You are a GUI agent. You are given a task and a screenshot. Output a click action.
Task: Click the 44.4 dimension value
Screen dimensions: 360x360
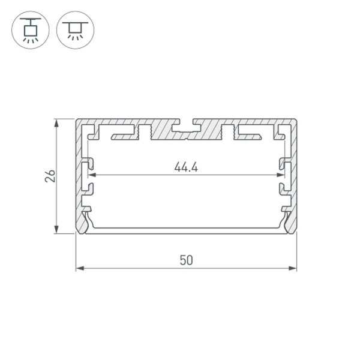click(186, 167)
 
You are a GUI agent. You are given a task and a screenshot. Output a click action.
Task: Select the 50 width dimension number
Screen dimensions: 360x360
click(186, 260)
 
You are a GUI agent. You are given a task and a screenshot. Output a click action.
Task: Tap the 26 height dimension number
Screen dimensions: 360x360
click(50, 176)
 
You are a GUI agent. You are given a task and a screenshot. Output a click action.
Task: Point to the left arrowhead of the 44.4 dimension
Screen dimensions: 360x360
click(92, 175)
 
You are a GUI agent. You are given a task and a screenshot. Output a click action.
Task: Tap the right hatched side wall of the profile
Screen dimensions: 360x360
click(294, 174)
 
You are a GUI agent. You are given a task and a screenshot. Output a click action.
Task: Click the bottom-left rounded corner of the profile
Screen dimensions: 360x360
click(79, 231)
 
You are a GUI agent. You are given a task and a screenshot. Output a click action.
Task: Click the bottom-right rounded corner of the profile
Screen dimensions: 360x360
click(294, 231)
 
